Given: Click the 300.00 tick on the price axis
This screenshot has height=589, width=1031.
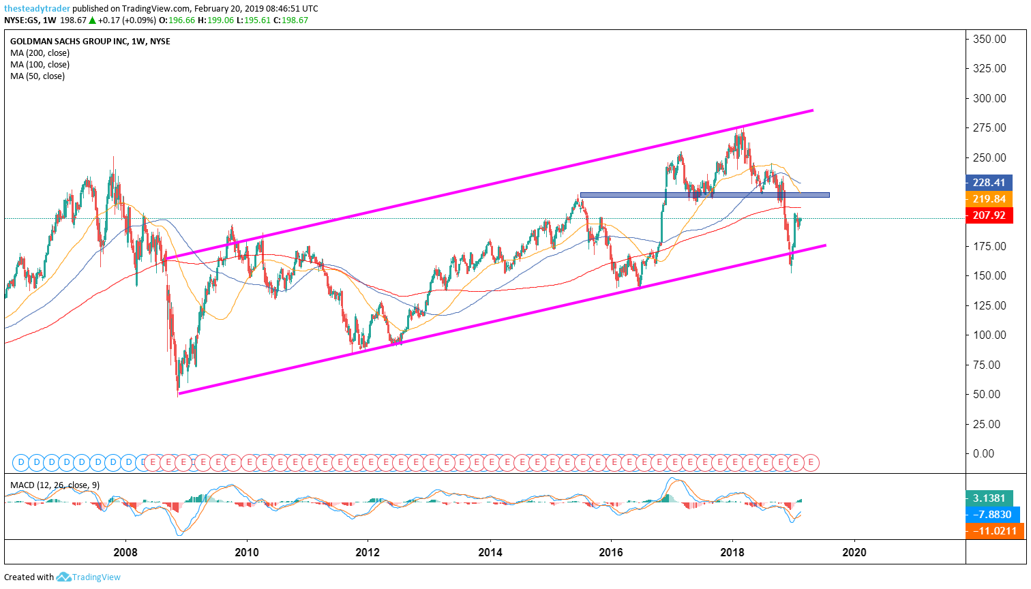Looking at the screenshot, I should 989,98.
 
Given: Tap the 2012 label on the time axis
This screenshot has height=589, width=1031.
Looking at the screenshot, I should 368,552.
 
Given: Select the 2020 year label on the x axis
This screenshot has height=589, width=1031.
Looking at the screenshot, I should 854,552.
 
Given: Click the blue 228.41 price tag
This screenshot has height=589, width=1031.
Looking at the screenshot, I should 989,182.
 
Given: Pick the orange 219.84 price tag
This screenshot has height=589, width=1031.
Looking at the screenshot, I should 989,199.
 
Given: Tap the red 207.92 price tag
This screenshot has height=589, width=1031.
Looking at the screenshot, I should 989,215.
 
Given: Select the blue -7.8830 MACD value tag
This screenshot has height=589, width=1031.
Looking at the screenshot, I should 993,515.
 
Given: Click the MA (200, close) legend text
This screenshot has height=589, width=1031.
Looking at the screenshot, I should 40,53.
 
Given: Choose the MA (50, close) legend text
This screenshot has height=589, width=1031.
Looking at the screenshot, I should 38,76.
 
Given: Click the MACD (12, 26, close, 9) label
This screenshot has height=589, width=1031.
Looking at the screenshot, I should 55,485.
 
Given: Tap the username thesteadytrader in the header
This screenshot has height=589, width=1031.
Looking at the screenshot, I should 37,9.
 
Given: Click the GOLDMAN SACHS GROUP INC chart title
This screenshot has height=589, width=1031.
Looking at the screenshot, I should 90,42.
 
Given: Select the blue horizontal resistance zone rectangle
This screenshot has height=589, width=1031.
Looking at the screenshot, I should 704,195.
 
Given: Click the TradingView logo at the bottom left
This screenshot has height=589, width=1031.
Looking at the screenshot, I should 88,577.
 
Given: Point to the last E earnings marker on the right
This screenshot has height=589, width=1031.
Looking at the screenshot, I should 811,462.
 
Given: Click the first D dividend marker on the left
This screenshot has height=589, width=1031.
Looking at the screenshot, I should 20,462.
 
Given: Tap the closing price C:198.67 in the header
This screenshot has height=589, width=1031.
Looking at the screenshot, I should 290,20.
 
